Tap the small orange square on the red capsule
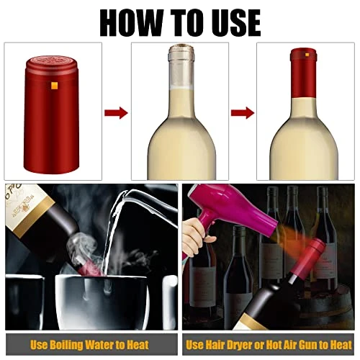coord(53,86)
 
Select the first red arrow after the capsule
coord(116,112)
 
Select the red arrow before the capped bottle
coord(242,112)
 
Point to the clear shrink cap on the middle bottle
coord(179,65)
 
